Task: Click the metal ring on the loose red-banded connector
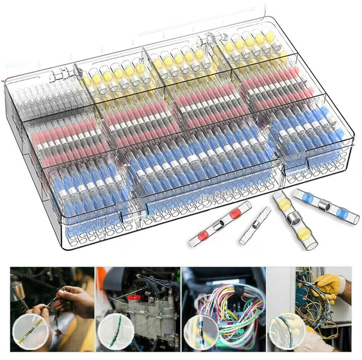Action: [219, 224]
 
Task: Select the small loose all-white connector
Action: [255, 226]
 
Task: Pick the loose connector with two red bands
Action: [219, 224]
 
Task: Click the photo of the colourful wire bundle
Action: [224, 309]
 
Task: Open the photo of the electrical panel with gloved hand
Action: [309, 309]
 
